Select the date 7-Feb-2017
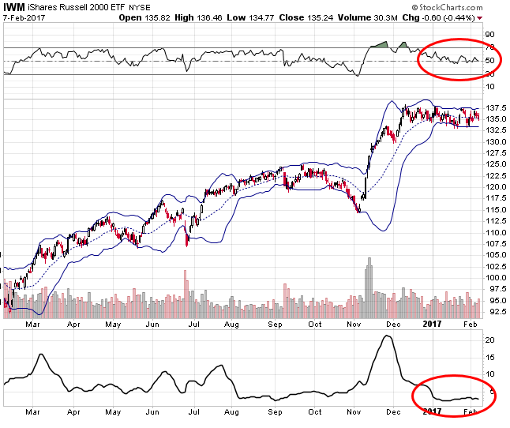tap(23, 17)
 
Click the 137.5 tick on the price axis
tap(496, 108)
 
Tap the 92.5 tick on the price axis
tap(496, 311)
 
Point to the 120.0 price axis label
tap(496, 187)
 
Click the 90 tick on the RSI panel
tap(489, 35)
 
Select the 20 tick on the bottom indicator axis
tap(489, 340)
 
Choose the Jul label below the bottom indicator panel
tap(193, 412)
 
